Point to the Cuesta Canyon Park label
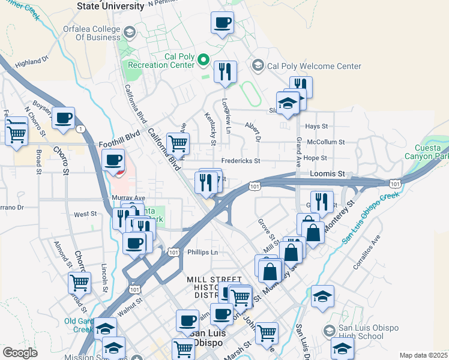431,152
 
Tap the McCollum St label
325,142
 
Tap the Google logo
20,352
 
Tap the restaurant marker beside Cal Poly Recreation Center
225,72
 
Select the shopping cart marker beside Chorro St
80,281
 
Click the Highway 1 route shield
80,128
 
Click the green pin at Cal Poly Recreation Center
203,60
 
